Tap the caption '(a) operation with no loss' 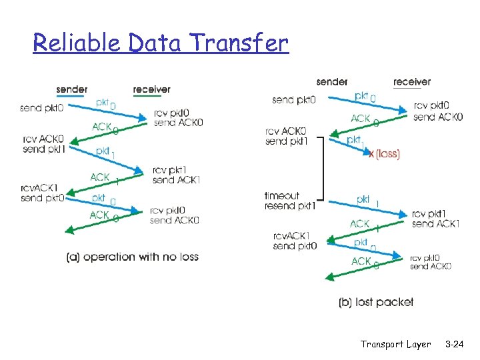click(132, 257)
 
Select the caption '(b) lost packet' click(376, 302)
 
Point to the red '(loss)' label click(387, 154)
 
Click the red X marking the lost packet click(371, 153)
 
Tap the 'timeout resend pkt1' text click(289, 201)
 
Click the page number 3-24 click(455, 344)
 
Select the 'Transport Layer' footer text click(395, 344)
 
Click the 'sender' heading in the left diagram click(71, 89)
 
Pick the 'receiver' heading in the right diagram click(411, 82)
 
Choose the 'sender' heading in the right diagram click(332, 82)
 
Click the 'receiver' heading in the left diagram click(151, 89)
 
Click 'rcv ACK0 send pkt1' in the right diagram click(285, 136)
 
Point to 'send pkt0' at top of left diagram click(42, 108)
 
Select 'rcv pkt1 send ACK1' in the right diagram click(435, 219)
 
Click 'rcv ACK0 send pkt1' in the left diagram click(43, 143)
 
